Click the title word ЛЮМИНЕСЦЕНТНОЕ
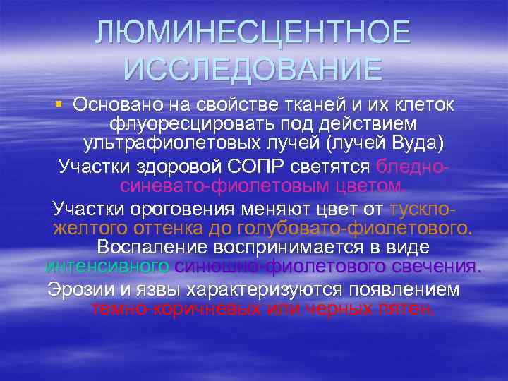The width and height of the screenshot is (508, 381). [x=253, y=31]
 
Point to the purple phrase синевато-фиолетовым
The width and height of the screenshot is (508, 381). [x=212, y=186]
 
